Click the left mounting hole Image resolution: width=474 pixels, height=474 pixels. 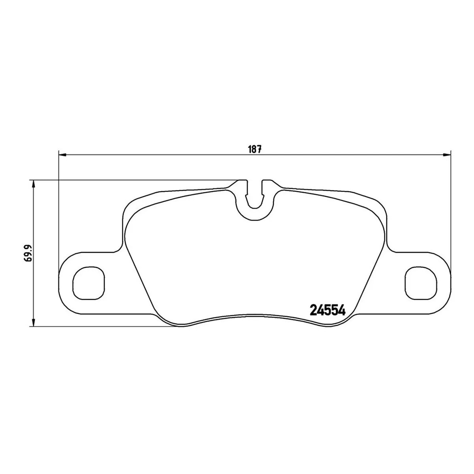coord(89,283)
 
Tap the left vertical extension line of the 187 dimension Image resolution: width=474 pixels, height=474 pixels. coord(58,205)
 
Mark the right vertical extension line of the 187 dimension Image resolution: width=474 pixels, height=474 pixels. coord(450,205)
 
